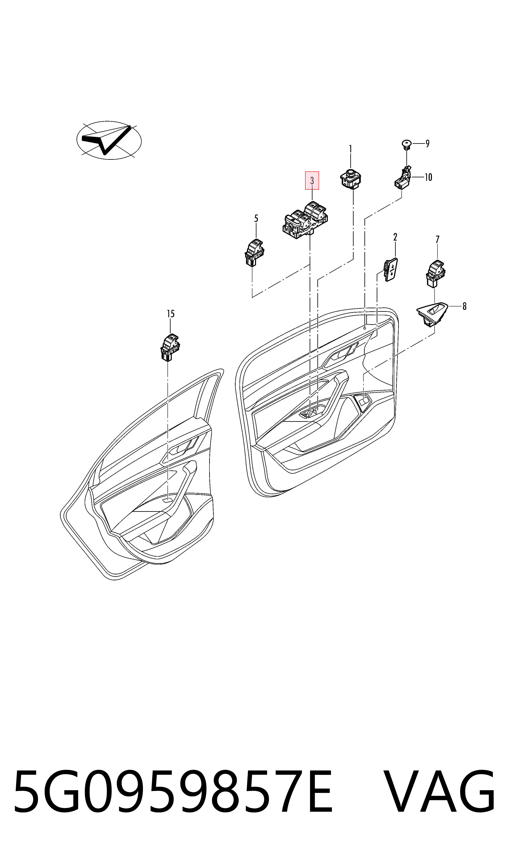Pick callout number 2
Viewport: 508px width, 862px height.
(395, 237)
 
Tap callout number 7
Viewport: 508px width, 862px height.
(437, 239)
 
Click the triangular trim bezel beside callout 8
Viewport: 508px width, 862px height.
(432, 314)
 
